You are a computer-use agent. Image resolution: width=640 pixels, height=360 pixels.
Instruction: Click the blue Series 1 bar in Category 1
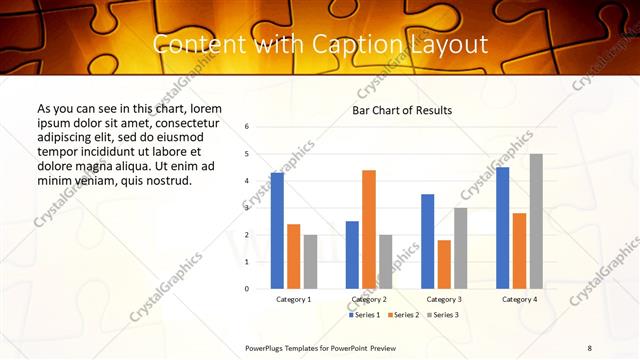pos(277,230)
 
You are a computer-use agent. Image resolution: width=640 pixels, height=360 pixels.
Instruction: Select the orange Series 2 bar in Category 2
pos(369,229)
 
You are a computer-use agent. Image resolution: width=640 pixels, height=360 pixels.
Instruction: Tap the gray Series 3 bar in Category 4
pos(536,221)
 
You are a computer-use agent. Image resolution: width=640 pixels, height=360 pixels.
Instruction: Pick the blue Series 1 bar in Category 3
pos(427,241)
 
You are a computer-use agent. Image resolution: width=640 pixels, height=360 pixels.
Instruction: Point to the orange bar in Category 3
pos(444,264)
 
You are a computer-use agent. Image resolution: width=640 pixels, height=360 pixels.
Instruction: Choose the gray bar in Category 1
pos(310,261)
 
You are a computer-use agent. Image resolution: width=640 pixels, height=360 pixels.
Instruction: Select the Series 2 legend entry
pos(403,315)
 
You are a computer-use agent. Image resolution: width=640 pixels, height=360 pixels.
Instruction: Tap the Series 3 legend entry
pos(443,315)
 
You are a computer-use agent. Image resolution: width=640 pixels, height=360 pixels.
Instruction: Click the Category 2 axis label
pos(369,299)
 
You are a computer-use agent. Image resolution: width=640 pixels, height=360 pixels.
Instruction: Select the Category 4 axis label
pos(519,299)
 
